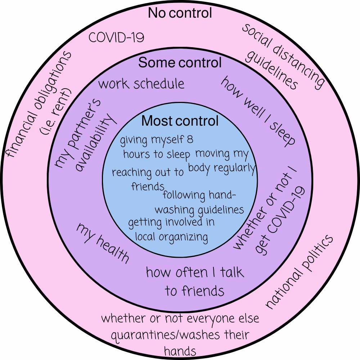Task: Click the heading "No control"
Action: click(x=180, y=13)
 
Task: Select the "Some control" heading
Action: click(x=180, y=63)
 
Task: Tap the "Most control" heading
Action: click(x=180, y=121)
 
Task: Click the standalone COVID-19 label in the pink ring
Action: click(x=117, y=37)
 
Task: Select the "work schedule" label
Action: click(x=141, y=84)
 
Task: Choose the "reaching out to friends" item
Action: click(x=148, y=178)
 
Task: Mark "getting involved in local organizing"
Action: click(x=171, y=229)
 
